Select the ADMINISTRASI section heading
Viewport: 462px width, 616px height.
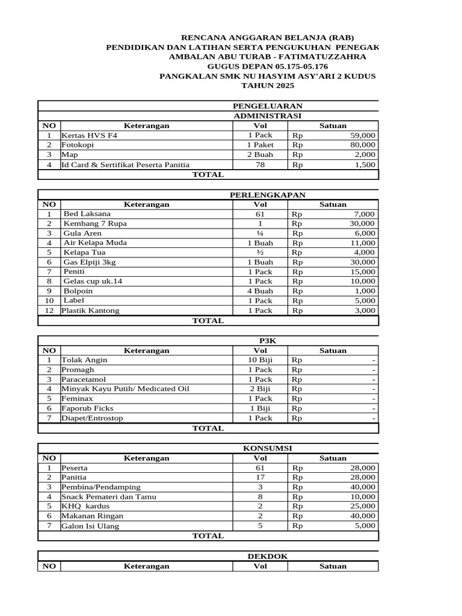coord(268,115)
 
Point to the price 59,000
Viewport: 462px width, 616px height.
coord(363,135)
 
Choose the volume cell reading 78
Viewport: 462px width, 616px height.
coord(260,164)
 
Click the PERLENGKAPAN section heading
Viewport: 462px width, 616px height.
coord(268,194)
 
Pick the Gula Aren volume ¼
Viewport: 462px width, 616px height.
coord(260,233)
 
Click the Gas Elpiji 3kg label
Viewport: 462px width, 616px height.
coord(94,262)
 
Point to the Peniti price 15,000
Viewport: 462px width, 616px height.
coord(363,271)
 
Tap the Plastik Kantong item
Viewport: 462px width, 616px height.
coord(90,310)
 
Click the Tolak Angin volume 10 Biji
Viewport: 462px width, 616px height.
coord(260,360)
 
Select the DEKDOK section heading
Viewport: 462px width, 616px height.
coord(268,556)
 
